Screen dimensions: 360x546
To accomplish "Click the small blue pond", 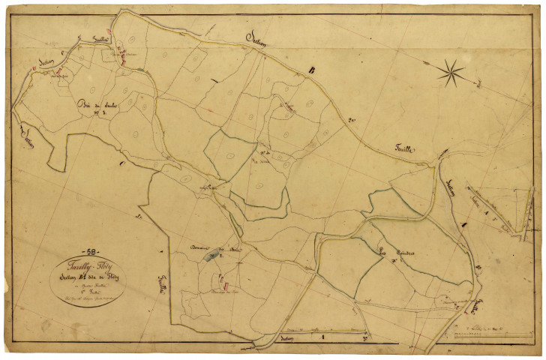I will click(x=205, y=259).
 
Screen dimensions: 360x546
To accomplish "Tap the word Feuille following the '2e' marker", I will click(x=405, y=150).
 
